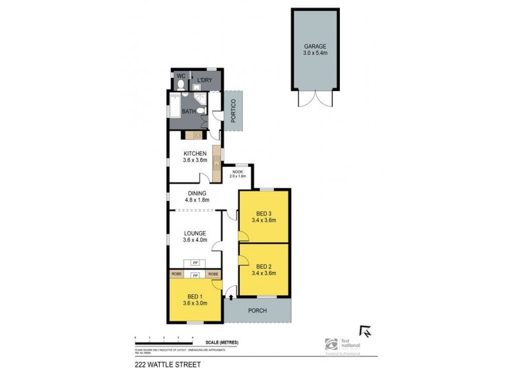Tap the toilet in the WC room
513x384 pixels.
click(181, 84)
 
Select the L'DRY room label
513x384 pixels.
click(205, 79)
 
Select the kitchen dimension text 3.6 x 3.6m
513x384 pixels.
click(195, 161)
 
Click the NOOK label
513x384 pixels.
click(238, 172)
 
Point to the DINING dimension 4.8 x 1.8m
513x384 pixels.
click(196, 200)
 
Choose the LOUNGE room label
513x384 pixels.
click(195, 233)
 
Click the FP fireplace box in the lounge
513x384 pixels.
click(195, 262)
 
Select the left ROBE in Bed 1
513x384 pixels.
click(176, 274)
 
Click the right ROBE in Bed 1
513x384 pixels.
click(214, 274)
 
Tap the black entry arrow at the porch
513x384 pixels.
click(230, 297)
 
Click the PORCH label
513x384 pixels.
click(257, 311)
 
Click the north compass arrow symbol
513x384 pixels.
click(366, 330)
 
